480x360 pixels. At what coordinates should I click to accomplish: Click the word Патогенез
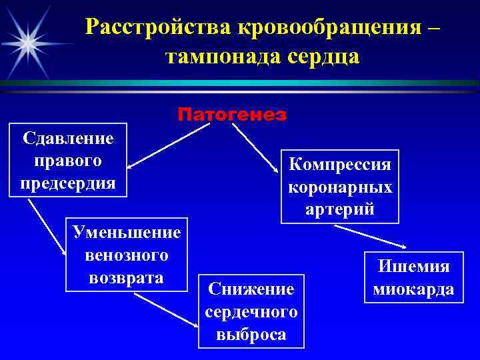click(x=232, y=115)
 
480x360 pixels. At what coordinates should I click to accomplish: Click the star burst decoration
click(x=28, y=42)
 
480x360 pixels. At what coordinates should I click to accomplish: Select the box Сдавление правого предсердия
click(x=68, y=160)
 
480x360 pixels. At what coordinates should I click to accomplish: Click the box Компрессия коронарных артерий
click(x=340, y=186)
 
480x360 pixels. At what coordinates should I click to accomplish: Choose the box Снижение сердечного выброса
click(x=251, y=311)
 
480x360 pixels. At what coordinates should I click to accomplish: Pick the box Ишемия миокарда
click(x=414, y=277)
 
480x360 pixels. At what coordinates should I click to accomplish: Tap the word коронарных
click(x=340, y=187)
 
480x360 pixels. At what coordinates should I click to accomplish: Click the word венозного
click(x=127, y=255)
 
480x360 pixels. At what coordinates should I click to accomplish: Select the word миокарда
click(x=414, y=289)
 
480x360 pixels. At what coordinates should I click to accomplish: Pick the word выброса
click(x=251, y=333)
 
